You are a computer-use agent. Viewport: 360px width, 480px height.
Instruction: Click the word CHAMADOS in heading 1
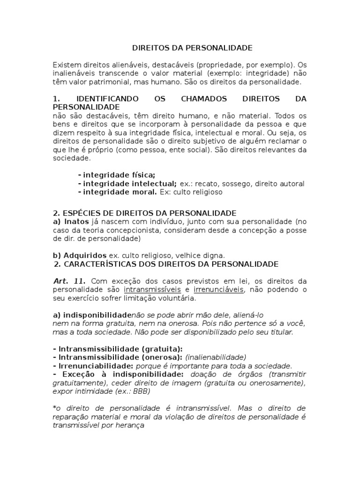(x=203, y=99)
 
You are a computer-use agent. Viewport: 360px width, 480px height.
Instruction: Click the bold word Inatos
(x=75, y=221)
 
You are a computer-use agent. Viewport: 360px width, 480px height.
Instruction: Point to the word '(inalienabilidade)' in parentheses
(x=216, y=357)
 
